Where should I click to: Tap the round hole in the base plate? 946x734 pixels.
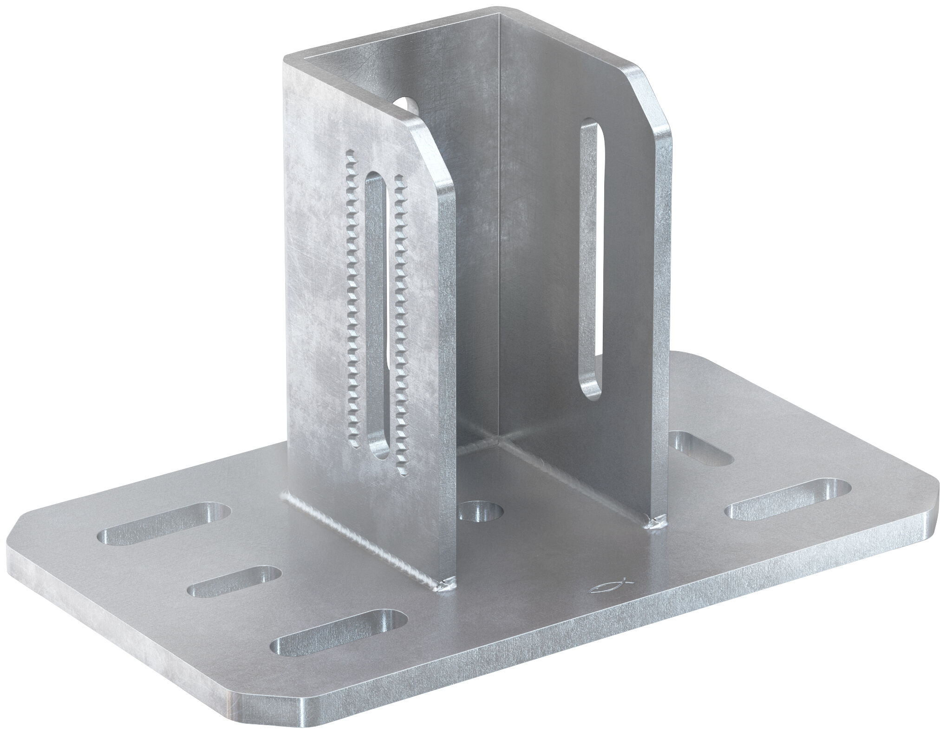pos(481,514)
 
